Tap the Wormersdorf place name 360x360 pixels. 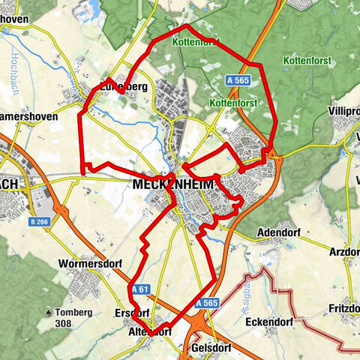pyautogui.click(x=88, y=264)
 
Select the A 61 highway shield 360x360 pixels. pyautogui.click(x=139, y=289)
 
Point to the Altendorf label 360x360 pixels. pyautogui.click(x=151, y=330)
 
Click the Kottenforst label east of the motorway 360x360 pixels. pyautogui.click(x=307, y=60)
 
